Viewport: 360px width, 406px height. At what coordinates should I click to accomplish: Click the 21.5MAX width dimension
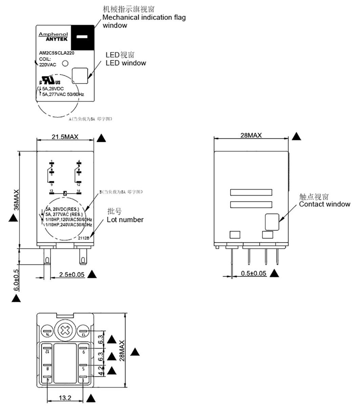(65, 137)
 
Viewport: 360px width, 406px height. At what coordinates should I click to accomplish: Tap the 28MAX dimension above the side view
(251, 135)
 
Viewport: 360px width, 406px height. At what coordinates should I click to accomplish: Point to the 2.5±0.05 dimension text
(71, 274)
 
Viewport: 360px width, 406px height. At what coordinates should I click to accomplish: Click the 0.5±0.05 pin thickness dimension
(254, 274)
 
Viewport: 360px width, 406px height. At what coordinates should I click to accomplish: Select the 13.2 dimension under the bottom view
(65, 398)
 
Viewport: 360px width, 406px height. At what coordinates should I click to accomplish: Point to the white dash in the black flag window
(82, 37)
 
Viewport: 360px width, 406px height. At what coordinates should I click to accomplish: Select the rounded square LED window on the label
(80, 75)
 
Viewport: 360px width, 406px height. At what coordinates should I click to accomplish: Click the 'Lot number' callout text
(125, 220)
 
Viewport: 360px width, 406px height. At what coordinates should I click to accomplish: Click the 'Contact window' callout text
(324, 204)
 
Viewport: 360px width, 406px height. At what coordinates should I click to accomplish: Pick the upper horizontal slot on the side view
(251, 192)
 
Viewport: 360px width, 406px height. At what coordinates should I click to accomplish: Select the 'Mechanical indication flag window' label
(144, 21)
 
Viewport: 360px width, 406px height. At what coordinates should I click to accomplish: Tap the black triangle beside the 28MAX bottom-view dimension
(136, 352)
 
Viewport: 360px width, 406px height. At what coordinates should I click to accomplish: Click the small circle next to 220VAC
(65, 63)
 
